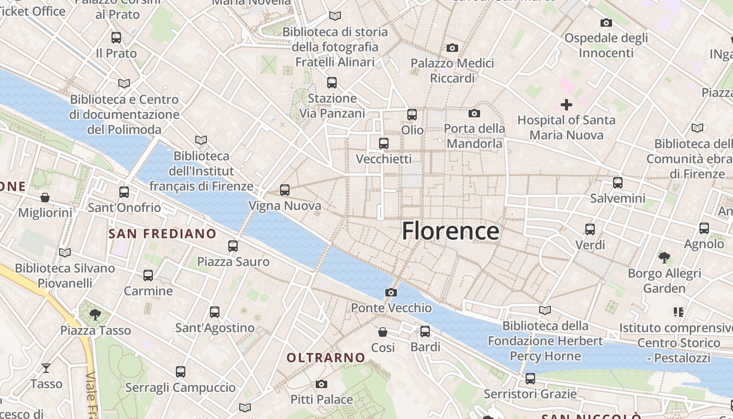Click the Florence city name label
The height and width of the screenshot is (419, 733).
(450, 231)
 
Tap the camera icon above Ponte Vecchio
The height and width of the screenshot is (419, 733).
(391, 292)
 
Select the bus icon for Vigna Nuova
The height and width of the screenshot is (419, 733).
(285, 190)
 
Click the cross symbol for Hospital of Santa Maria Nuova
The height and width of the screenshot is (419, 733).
(566, 105)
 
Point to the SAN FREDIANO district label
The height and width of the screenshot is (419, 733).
(162, 234)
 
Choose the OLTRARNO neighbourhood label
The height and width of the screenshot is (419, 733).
(326, 358)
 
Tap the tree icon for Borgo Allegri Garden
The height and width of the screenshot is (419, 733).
(664, 257)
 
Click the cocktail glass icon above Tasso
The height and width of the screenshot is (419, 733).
(46, 368)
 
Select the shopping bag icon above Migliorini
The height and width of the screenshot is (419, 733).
(45, 197)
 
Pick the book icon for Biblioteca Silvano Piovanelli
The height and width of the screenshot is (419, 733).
(65, 252)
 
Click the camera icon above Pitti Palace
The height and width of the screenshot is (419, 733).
(321, 384)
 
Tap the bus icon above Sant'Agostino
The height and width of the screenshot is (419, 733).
(215, 312)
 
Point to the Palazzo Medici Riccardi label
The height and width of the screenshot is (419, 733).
(452, 70)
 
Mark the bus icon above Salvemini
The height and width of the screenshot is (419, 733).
(618, 183)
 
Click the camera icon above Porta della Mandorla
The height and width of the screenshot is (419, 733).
(474, 113)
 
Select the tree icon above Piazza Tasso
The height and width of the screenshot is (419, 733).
(95, 314)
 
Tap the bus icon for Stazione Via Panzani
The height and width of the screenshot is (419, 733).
(332, 83)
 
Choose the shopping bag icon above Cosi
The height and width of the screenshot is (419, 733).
(383, 332)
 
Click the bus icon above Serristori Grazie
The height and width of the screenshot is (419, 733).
(530, 378)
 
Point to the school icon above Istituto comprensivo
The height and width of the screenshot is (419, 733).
(679, 312)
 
